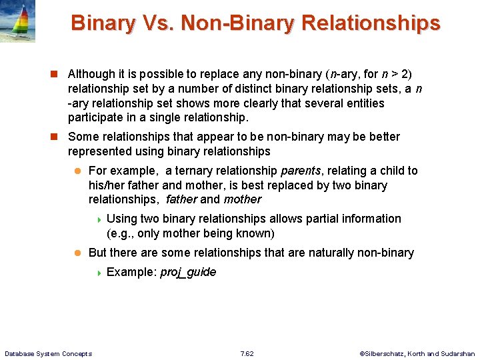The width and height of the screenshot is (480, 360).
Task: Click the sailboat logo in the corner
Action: [x=18, y=21]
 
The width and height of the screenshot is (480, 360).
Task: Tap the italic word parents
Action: [x=302, y=171]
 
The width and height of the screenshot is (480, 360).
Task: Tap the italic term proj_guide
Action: [x=188, y=272]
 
